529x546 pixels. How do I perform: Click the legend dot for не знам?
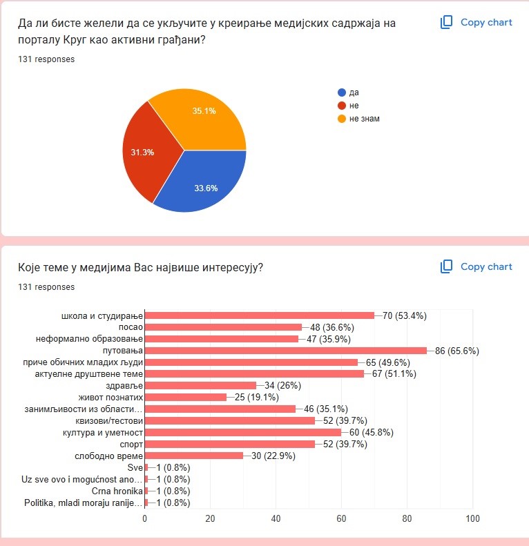342,119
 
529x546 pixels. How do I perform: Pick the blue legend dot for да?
342,92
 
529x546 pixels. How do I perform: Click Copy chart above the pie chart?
476,22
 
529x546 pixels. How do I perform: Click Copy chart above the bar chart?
476,266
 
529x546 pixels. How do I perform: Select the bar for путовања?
286,351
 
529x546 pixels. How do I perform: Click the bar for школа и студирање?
260,315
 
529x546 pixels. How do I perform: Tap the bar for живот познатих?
186,398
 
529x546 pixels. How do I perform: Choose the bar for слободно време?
194,456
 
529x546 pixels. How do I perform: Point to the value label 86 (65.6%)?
457,351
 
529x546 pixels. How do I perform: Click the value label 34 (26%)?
282,385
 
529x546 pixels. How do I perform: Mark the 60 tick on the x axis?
341,518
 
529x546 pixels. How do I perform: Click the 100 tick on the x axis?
472,518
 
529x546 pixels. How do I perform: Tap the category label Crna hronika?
117,491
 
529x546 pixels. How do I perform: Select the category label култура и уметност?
103,433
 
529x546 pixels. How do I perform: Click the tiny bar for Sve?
146,467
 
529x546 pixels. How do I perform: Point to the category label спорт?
131,445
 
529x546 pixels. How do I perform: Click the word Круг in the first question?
75,40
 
